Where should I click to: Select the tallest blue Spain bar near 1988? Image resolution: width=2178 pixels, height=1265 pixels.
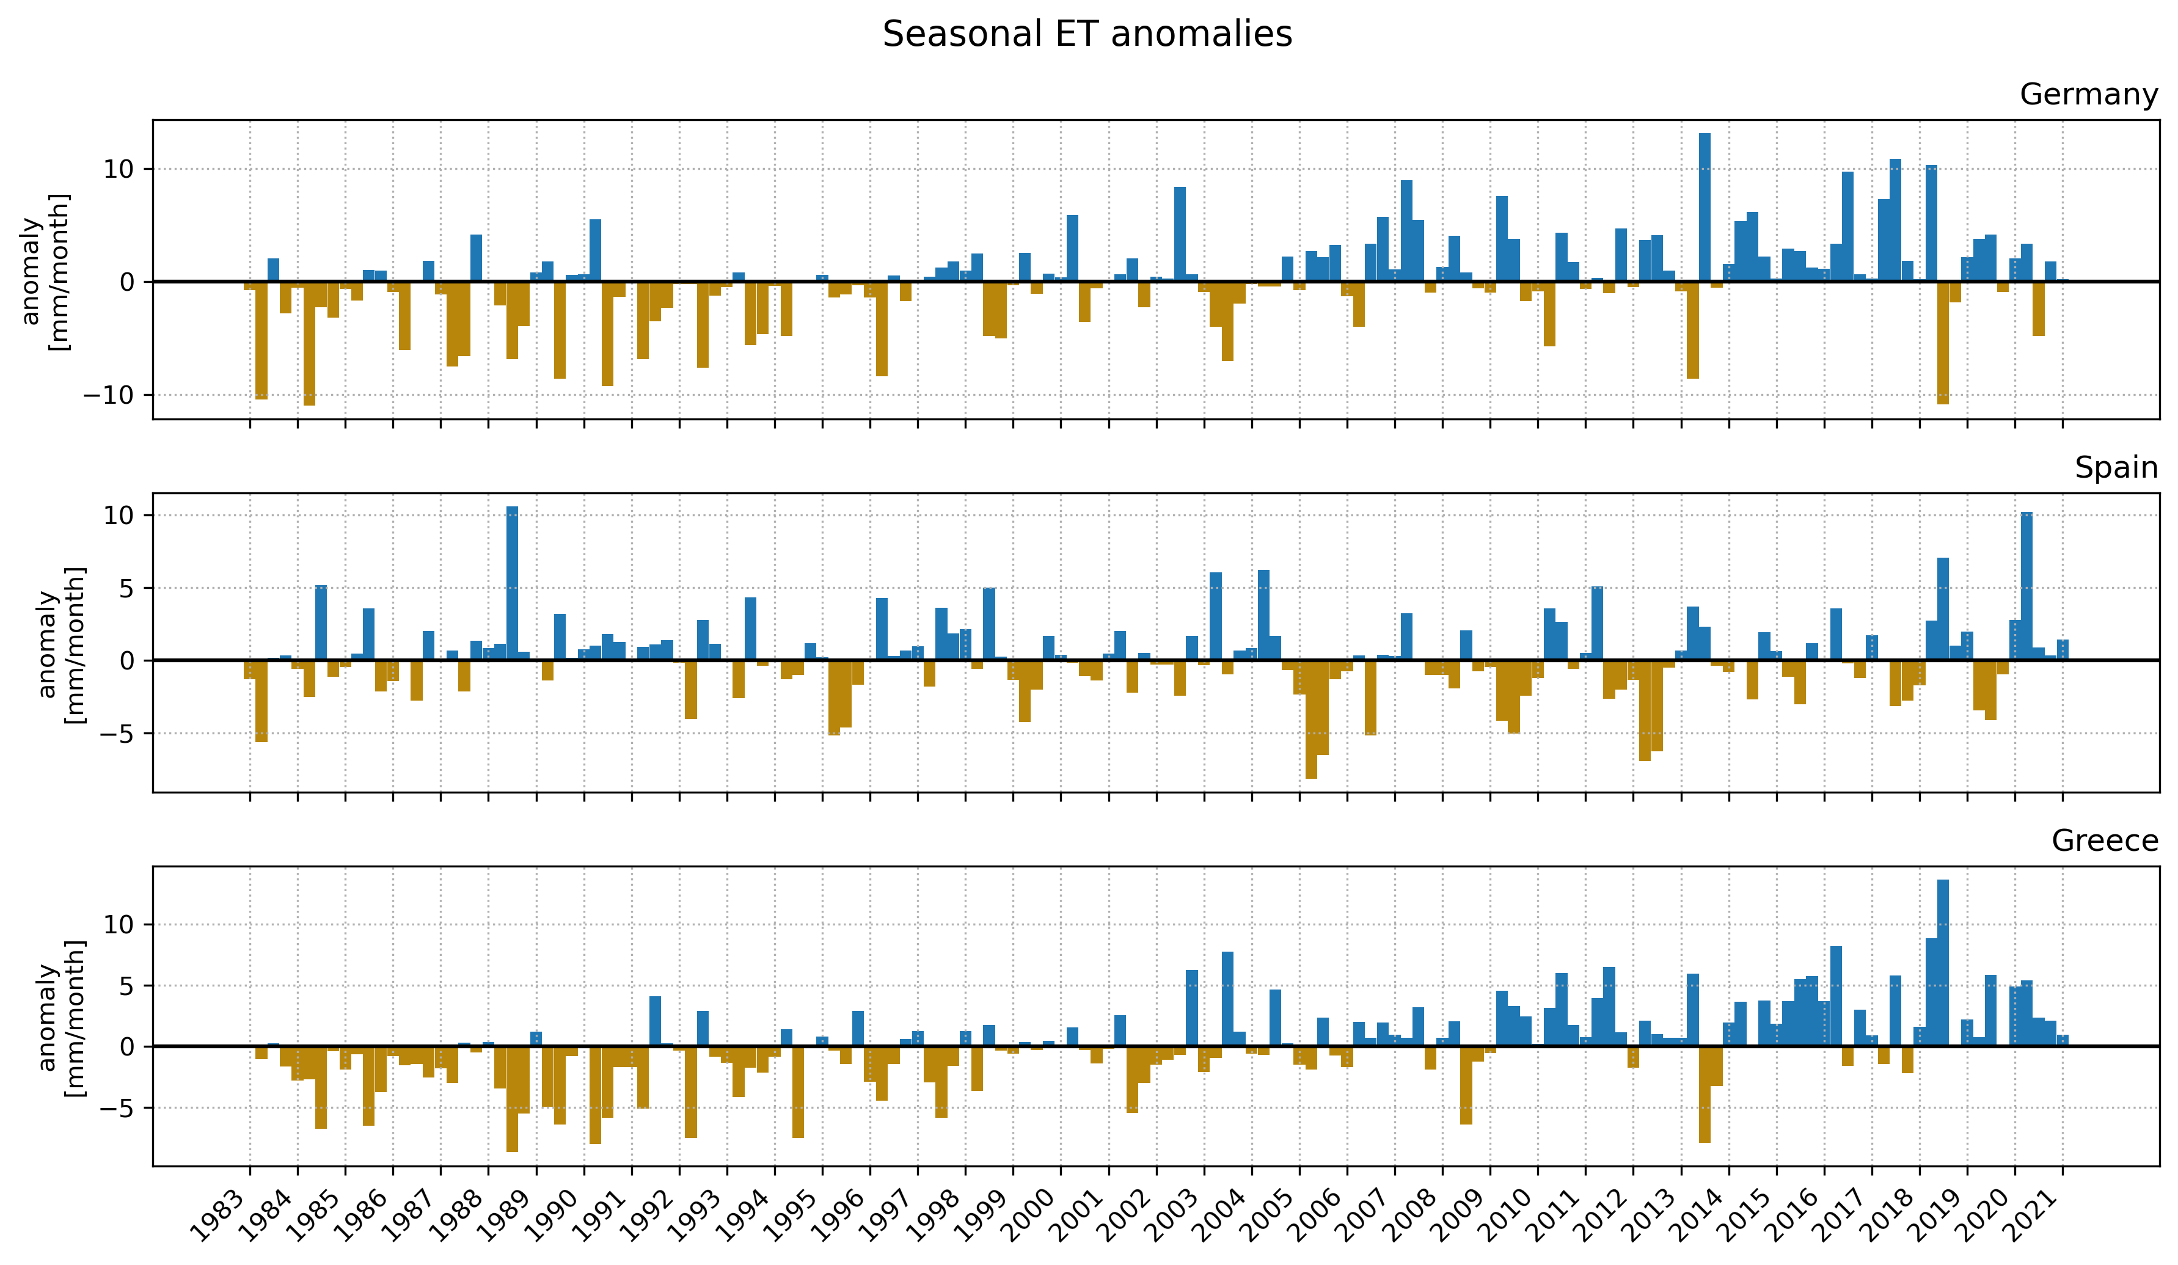click(511, 583)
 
